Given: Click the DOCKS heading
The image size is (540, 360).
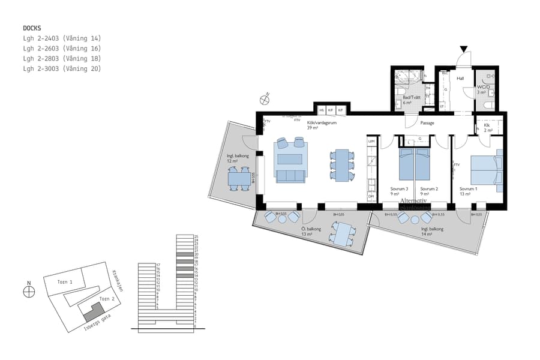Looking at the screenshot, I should [x=33, y=28].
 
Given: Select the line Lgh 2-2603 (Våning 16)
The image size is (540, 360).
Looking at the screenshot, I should [x=62, y=49].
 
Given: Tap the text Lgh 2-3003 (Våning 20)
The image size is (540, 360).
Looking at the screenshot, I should [x=62, y=69].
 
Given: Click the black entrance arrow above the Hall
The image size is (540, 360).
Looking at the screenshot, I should [x=463, y=49].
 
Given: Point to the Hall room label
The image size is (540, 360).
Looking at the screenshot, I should [x=460, y=78].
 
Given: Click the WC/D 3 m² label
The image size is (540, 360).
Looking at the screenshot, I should [x=483, y=90].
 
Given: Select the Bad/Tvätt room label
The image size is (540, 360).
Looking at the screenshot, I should [x=411, y=100].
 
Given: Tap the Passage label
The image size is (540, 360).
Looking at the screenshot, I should [x=427, y=123].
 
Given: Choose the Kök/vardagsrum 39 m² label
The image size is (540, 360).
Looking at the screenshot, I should [x=311, y=124].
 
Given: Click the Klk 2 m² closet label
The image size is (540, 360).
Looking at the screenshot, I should [x=488, y=128].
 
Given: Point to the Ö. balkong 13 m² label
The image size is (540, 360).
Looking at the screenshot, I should [x=311, y=232].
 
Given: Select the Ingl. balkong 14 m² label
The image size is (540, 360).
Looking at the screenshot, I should [x=432, y=232].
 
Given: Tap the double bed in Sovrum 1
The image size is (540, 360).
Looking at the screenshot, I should [x=484, y=171].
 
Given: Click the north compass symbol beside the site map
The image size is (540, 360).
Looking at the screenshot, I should [x=28, y=292].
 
